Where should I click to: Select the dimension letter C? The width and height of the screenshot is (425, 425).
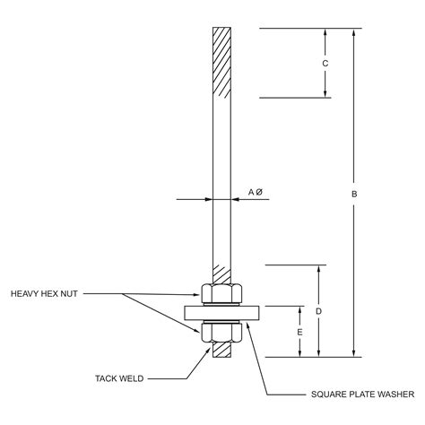tap(325, 63)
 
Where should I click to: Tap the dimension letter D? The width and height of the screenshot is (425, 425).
tap(319, 311)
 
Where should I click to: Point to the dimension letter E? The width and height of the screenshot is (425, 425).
tap(299, 331)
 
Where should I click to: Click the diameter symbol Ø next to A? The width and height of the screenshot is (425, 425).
tap(259, 192)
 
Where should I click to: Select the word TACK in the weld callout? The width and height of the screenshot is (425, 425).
tap(108, 377)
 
